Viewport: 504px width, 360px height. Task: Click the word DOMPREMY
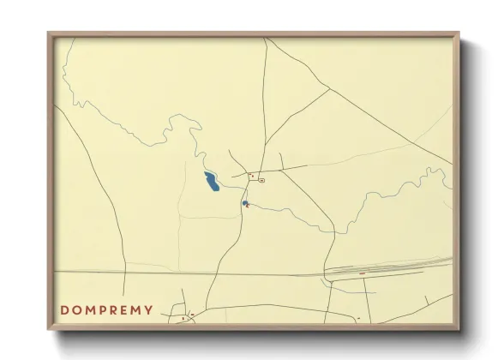click(x=107, y=310)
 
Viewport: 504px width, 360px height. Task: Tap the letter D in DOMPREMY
click(x=64, y=310)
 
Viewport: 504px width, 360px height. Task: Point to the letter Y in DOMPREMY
click(x=149, y=310)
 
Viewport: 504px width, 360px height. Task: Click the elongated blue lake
click(x=210, y=182)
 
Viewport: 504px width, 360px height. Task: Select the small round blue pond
click(x=244, y=203)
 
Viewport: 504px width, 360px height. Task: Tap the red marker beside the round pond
click(x=248, y=206)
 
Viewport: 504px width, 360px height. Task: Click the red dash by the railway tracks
click(x=362, y=273)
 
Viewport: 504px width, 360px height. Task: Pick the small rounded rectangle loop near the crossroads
click(x=261, y=181)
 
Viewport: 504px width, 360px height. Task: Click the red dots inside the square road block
click(x=252, y=176)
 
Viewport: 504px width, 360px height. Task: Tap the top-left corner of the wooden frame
click(x=50, y=34)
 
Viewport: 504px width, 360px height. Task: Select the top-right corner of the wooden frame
click(x=459, y=34)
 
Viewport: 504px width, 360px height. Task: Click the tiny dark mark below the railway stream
click(x=357, y=318)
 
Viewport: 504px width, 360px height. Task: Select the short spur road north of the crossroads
click(x=281, y=160)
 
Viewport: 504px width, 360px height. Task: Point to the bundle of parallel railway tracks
click(x=386, y=268)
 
